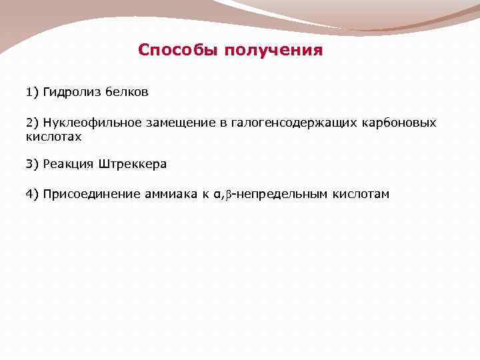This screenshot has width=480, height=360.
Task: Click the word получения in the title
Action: pyautogui.click(x=273, y=51)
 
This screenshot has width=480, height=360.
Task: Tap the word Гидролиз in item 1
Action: pyautogui.click(x=71, y=92)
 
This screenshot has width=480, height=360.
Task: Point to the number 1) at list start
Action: pyautogui.click(x=33, y=92)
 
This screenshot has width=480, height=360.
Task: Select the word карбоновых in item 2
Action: pyautogui.click(x=399, y=123)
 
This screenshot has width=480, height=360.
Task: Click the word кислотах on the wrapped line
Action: pyautogui.click(x=53, y=136)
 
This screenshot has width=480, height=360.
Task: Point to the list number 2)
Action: pyautogui.click(x=33, y=123)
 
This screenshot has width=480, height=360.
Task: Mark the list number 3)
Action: pyautogui.click(x=33, y=163)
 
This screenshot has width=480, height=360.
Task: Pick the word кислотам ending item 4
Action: pyautogui.click(x=353, y=194)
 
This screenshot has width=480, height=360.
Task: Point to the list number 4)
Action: pyautogui.click(x=33, y=194)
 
